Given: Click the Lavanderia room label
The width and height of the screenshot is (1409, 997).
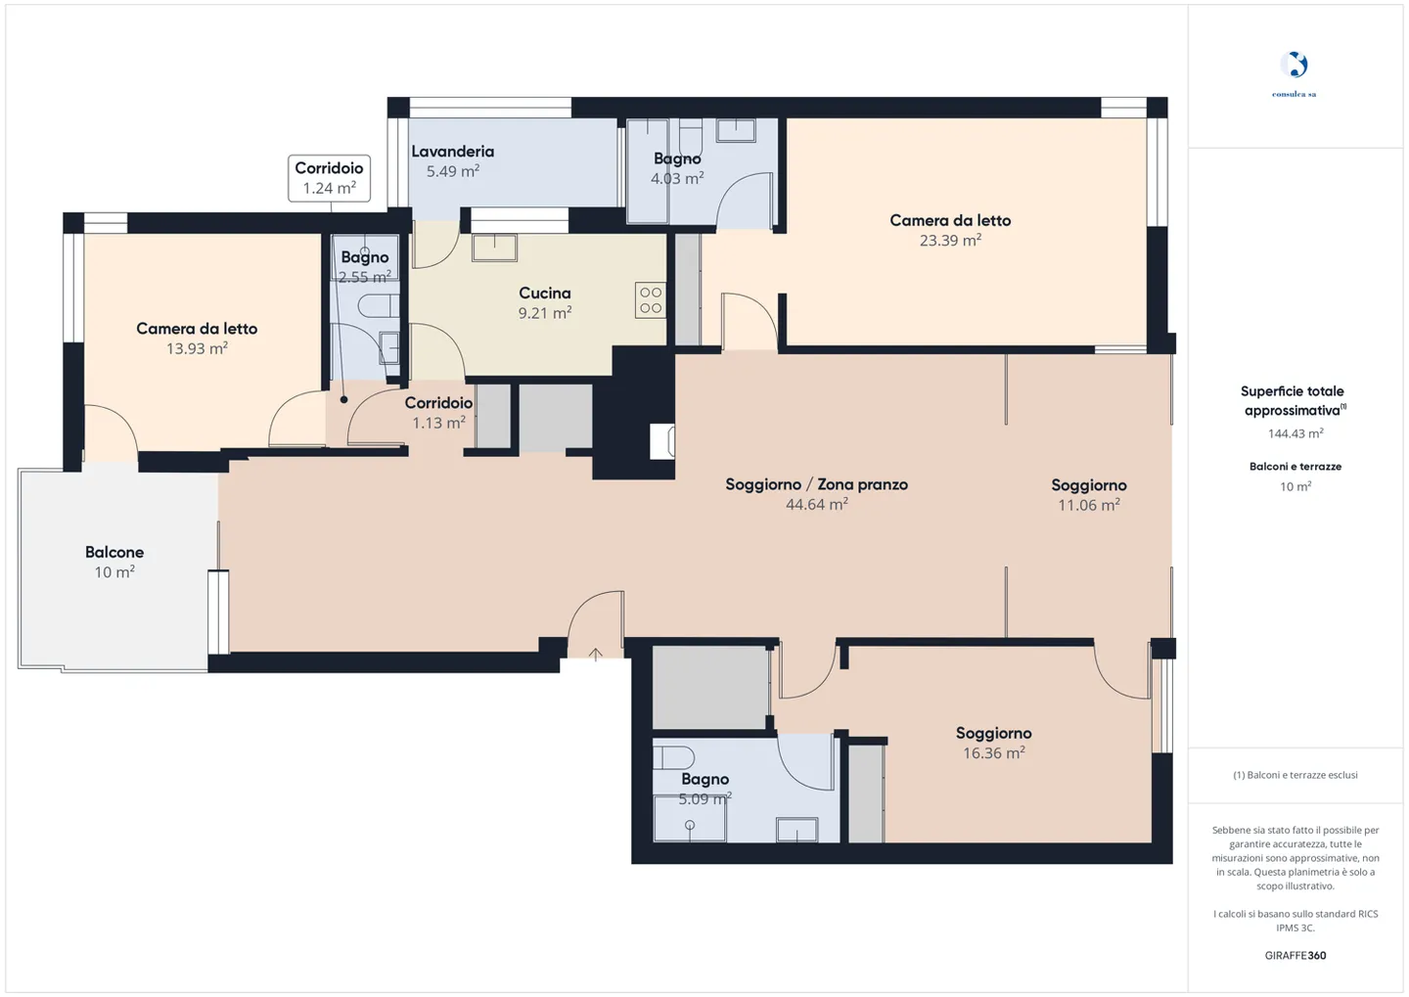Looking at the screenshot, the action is point(452,152).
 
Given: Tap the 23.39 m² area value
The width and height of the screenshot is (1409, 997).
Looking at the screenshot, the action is point(950,241).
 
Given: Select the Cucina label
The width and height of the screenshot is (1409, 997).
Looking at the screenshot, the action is point(545,294).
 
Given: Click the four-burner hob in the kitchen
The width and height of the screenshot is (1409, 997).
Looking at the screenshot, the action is point(651,300).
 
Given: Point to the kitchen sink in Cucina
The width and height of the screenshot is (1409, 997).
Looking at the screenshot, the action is point(494,248).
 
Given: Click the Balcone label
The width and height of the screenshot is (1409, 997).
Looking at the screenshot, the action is point(114,552).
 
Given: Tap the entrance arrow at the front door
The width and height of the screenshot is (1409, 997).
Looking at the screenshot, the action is point(595,655).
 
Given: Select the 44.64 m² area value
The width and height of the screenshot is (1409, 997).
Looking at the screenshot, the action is point(816,504).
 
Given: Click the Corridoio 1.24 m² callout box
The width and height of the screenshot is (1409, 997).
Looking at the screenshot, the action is point(329,179).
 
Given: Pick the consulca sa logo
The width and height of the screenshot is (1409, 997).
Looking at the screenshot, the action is point(1294,73).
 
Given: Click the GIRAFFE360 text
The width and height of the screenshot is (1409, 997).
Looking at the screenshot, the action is point(1295,955).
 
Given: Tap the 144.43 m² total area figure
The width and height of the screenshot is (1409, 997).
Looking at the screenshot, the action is point(1295,432).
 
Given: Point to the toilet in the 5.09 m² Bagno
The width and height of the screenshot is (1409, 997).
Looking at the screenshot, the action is point(673,757).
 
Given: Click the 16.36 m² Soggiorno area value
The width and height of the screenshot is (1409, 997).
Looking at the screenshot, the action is point(993,753).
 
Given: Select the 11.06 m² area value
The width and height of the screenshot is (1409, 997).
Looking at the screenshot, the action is point(1088,505).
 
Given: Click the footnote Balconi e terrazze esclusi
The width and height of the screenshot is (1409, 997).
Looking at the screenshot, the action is point(1295,775).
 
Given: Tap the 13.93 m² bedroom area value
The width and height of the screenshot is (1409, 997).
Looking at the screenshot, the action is point(197,348).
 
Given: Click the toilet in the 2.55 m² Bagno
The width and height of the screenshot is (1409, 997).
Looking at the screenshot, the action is point(378,306).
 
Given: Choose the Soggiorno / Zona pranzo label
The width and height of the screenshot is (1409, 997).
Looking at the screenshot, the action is point(816,484).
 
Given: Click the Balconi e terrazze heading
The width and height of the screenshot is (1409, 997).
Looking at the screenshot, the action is point(1295,466).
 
